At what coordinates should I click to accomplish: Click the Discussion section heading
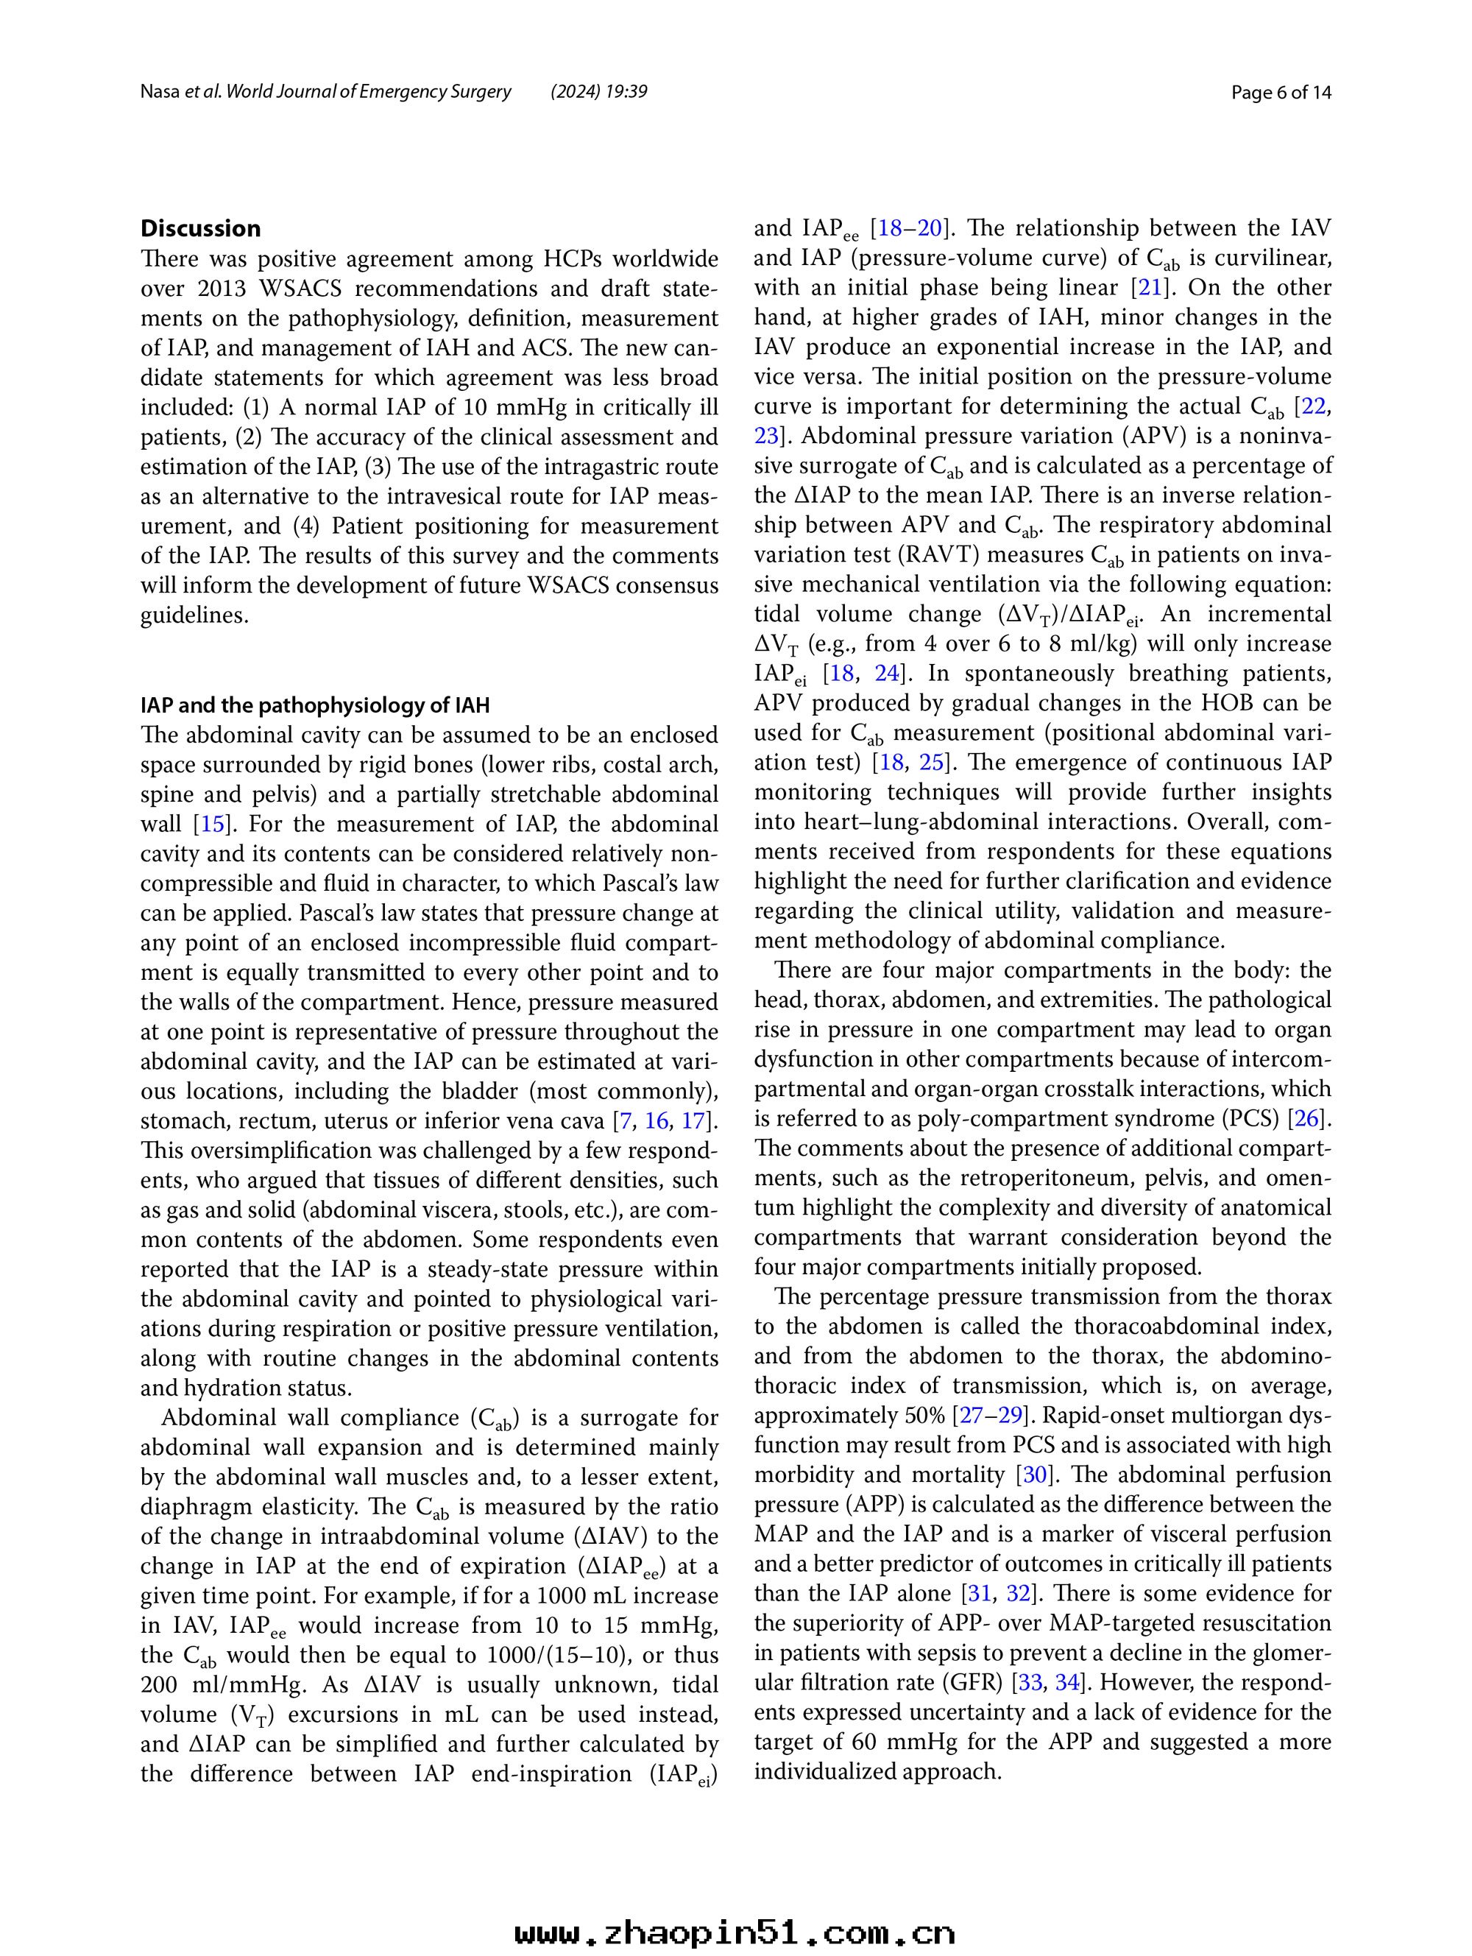[201, 229]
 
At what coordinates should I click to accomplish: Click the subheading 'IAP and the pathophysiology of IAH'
[315, 706]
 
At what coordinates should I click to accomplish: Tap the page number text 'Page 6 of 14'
[1281, 92]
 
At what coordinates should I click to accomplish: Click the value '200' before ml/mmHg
[160, 1684]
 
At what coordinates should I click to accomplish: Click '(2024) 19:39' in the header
[598, 92]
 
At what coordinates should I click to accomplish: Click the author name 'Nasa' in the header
[159, 92]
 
